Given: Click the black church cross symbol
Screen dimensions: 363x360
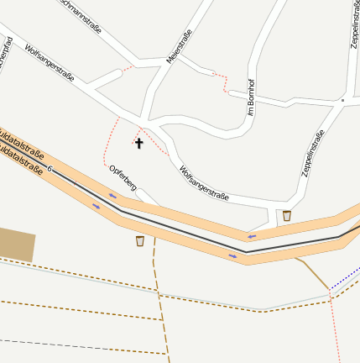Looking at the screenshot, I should pos(139,144).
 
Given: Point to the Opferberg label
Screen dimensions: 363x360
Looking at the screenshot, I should pos(123,176).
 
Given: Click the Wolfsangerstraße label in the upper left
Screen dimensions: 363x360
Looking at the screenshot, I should pos(50,63).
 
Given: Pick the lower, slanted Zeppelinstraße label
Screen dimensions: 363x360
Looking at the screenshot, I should pos(312,155).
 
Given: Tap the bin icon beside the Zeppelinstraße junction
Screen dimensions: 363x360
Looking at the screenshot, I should pos(287,216).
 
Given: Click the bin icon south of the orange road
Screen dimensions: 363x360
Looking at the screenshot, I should pos(140,241).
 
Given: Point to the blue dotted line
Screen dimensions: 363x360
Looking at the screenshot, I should pos(345,278).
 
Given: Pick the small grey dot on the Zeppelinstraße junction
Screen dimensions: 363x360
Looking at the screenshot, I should pos(342,100).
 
